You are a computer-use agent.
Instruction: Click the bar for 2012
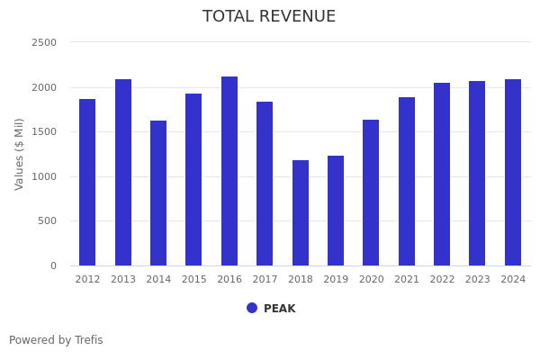point(87,182)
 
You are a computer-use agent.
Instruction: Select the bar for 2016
point(229,171)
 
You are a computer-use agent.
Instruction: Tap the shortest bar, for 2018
point(301,212)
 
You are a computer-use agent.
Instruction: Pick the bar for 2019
point(336,211)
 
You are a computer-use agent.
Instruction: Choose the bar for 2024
point(513,172)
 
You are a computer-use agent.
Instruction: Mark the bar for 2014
point(158,193)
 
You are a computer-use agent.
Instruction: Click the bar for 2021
point(407,181)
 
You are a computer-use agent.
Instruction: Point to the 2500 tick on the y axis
point(44,42)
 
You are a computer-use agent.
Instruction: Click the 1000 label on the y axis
point(44,176)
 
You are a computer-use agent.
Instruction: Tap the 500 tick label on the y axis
point(47,220)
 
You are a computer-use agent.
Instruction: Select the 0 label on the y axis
point(52,265)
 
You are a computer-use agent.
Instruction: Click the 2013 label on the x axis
point(123,280)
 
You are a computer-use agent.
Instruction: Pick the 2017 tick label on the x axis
point(265,280)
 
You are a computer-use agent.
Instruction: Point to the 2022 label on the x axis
point(442,280)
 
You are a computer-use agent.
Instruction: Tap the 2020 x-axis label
point(372,280)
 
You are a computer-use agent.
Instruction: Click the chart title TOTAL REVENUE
point(269,17)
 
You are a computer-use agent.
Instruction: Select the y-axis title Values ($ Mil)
point(20,154)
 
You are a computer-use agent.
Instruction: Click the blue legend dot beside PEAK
point(252,308)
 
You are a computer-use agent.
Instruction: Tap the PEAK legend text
point(279,309)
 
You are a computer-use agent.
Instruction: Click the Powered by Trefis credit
point(56,340)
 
